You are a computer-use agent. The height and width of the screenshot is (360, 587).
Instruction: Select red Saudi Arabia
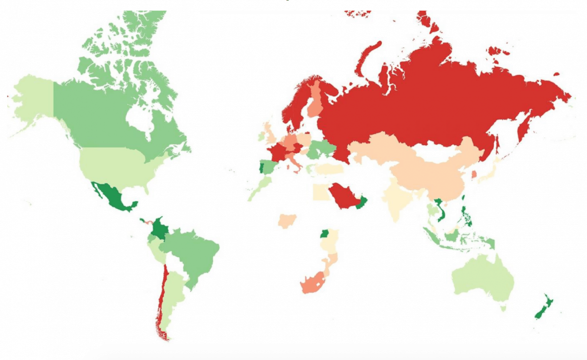tap(344, 196)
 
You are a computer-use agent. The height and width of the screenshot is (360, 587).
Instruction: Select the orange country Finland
tap(316, 100)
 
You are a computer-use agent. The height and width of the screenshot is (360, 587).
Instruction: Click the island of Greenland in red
tap(426, 23)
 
